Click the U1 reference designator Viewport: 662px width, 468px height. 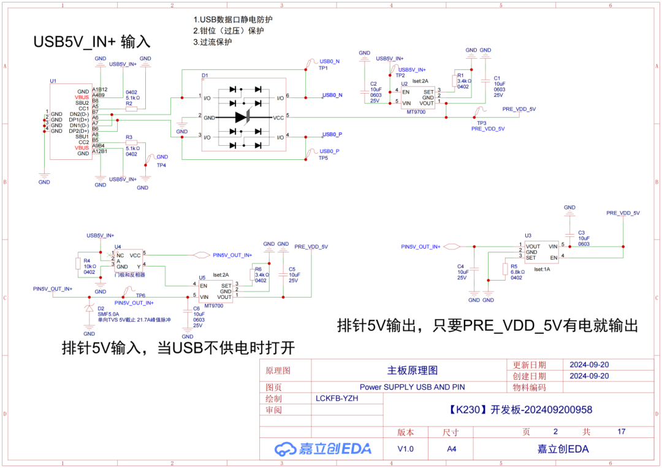[x=53, y=81]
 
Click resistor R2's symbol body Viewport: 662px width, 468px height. [x=131, y=109]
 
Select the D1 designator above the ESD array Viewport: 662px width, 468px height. [x=205, y=75]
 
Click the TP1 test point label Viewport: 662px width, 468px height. [x=323, y=68]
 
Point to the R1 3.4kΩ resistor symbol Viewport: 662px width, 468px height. [x=454, y=80]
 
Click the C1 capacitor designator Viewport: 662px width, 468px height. [x=497, y=78]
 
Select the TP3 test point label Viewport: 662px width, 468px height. [x=481, y=123]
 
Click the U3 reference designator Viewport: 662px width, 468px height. [x=528, y=235]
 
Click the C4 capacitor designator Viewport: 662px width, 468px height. [x=460, y=266]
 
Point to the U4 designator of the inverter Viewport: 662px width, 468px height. [x=118, y=247]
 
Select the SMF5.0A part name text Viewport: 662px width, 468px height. [x=108, y=314]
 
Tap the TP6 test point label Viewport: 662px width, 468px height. [x=140, y=295]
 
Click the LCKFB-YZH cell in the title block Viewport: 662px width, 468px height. [x=337, y=398]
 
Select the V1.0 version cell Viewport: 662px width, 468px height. [x=405, y=448]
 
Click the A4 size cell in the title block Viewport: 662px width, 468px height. [x=451, y=448]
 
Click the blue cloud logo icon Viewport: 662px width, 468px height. [x=285, y=448]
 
